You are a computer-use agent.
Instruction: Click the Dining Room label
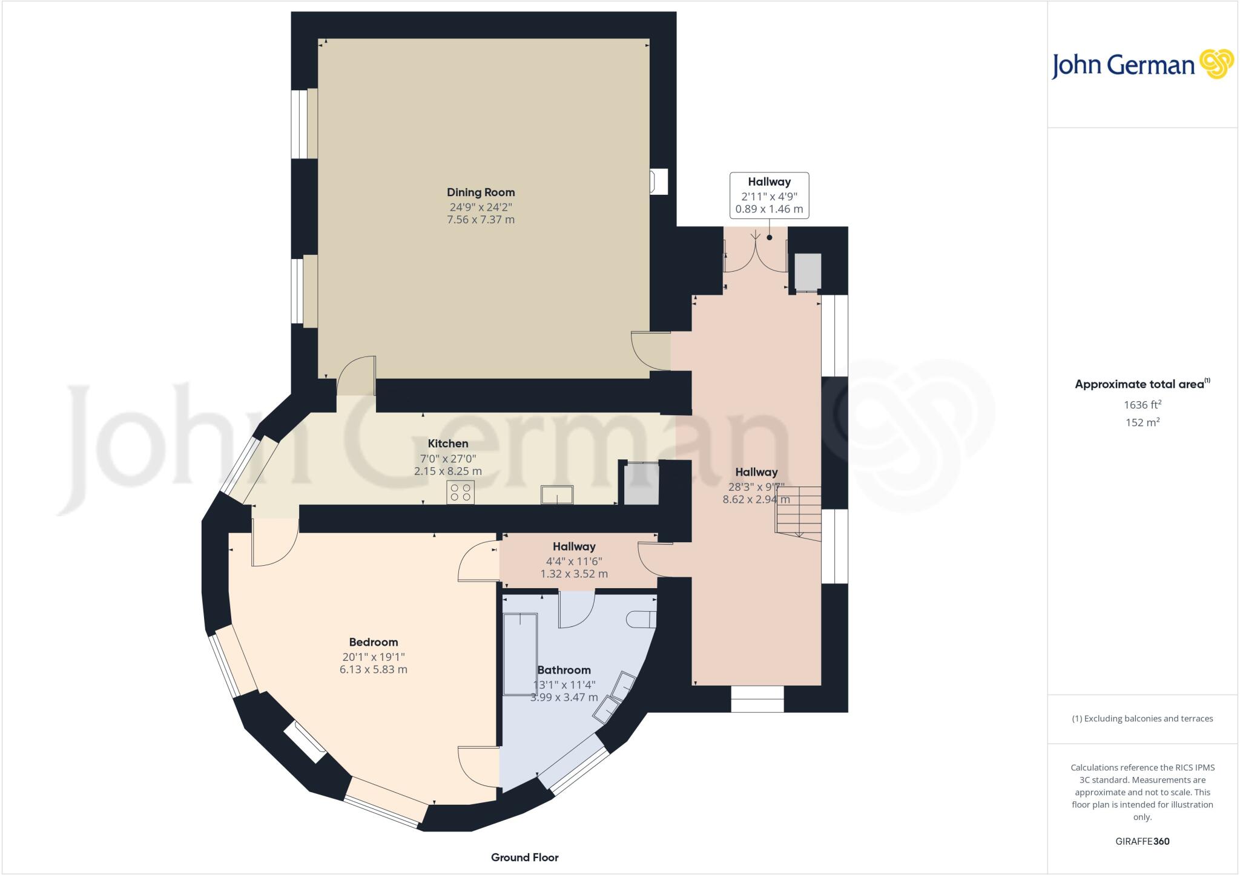pyautogui.click(x=481, y=192)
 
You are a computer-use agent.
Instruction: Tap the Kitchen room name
pyautogui.click(x=448, y=444)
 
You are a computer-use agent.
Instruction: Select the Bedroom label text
pyautogui.click(x=374, y=642)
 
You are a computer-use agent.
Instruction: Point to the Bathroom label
pyautogui.click(x=564, y=670)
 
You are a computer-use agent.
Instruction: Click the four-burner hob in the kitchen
pyautogui.click(x=461, y=492)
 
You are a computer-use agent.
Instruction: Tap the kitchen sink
pyautogui.click(x=558, y=494)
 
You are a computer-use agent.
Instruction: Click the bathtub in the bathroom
pyautogui.click(x=520, y=654)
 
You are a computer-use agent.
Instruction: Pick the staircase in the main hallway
pyautogui.click(x=799, y=511)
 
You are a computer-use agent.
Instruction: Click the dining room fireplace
pyautogui.click(x=658, y=182)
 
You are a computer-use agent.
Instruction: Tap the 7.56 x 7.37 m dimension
pyautogui.click(x=481, y=220)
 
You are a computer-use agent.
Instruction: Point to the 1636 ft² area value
pyautogui.click(x=1143, y=404)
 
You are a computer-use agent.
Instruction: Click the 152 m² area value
pyautogui.click(x=1143, y=422)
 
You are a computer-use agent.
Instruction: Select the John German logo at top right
pyautogui.click(x=1142, y=65)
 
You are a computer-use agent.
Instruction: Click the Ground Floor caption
pyautogui.click(x=524, y=857)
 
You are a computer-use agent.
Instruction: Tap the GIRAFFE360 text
pyautogui.click(x=1143, y=841)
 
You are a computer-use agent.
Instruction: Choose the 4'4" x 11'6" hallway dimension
pyautogui.click(x=574, y=561)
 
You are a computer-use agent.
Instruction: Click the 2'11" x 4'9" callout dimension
pyautogui.click(x=769, y=196)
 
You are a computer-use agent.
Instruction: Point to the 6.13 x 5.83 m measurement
pyautogui.click(x=374, y=669)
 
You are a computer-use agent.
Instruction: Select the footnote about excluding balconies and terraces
pyautogui.click(x=1143, y=719)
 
